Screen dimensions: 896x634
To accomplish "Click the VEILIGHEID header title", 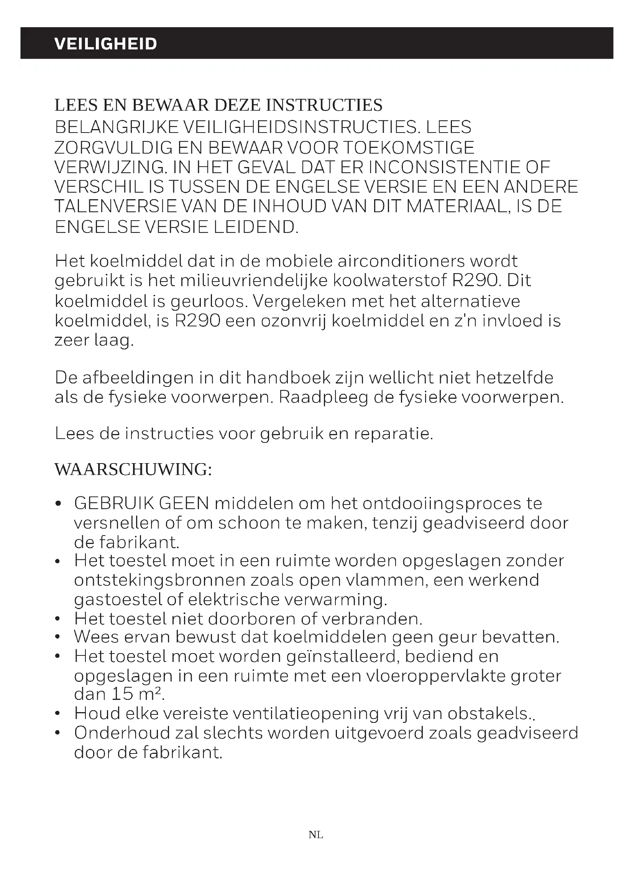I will pyautogui.click(x=105, y=44).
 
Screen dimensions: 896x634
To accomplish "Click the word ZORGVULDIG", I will pyautogui.click(x=113, y=147).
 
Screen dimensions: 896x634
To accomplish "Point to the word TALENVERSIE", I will pyautogui.click(x=115, y=206).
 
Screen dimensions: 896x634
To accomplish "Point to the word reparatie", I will pyautogui.click(x=393, y=434).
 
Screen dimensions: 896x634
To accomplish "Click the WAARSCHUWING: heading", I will pyautogui.click(x=133, y=469).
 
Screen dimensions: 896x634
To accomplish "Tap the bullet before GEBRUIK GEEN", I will pyautogui.click(x=58, y=504).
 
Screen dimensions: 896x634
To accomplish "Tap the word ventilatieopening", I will pyautogui.click(x=305, y=714).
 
